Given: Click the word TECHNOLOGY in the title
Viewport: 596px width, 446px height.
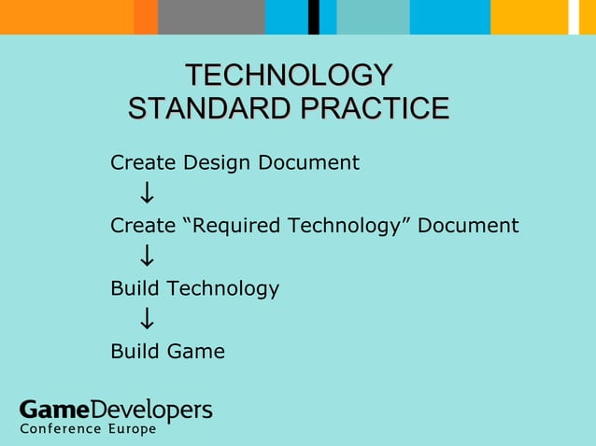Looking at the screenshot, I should (x=289, y=75).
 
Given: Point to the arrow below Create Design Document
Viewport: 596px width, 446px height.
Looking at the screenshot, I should (x=147, y=194).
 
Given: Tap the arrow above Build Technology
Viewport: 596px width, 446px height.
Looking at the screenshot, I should (x=147, y=257).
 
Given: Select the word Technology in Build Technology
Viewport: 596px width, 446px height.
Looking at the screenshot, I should (x=222, y=289).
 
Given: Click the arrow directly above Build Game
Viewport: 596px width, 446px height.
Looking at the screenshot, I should (x=147, y=321).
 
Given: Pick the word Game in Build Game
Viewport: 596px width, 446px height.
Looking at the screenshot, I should (x=196, y=352).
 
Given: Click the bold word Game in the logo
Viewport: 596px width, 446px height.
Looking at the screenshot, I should (x=55, y=410).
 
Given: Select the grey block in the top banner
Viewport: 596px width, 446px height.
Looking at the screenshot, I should (x=211, y=17).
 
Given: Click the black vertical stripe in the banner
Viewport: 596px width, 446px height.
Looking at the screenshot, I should (x=314, y=17).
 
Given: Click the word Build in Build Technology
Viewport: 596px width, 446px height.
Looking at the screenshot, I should (x=135, y=289).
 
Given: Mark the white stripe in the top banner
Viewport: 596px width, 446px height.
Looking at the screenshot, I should (x=574, y=17).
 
